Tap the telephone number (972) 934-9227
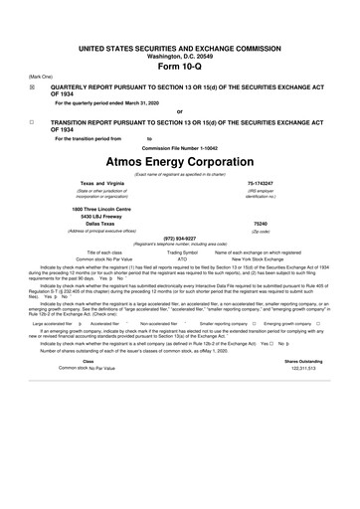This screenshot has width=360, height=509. [179, 239]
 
